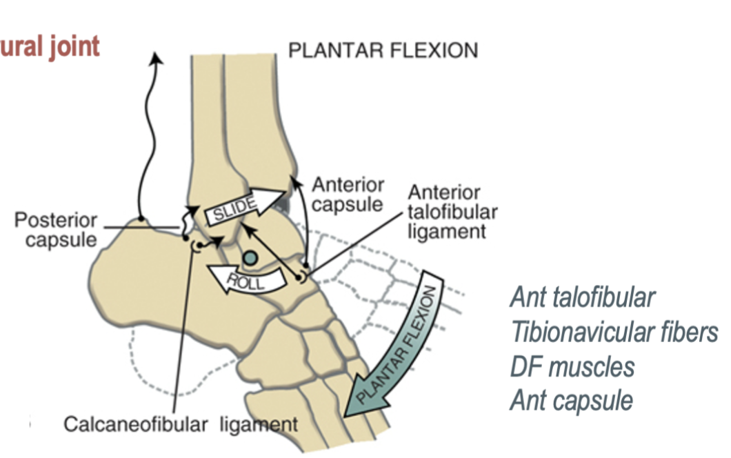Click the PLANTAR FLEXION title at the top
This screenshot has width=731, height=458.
[383, 51]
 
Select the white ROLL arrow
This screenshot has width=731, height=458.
[247, 279]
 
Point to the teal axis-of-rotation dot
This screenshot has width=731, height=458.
[250, 257]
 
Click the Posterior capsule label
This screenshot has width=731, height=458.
[56, 232]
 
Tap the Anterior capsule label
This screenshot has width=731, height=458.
[348, 195]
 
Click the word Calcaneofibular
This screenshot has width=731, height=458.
[135, 424]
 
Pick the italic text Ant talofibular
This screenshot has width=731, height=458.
[582, 298]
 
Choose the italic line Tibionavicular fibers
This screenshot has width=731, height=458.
[614, 332]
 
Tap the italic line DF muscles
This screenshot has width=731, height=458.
[572, 366]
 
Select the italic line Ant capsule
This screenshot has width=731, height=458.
[571, 400]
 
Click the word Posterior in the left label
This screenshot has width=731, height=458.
[56, 222]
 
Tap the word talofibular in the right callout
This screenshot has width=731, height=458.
[452, 212]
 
